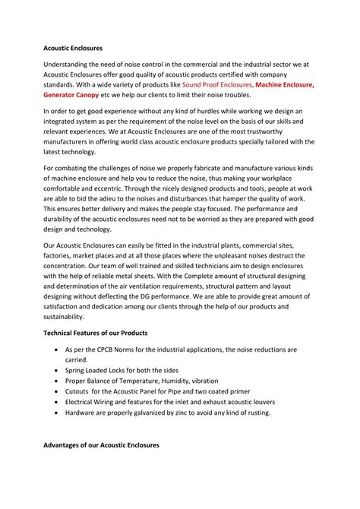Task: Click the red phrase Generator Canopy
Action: [x=75, y=97]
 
